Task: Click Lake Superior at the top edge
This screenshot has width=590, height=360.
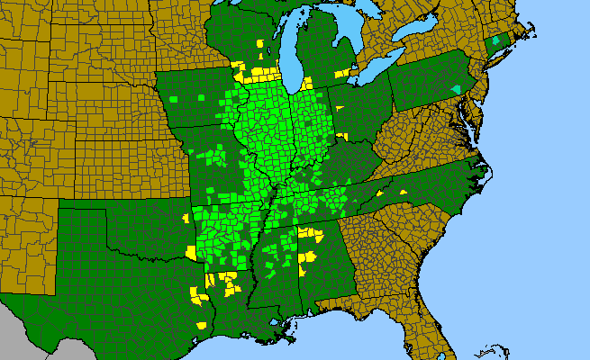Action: [x=270, y=4]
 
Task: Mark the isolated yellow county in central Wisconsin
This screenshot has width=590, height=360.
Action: [x=261, y=42]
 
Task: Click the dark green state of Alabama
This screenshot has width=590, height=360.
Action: [x=324, y=270]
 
